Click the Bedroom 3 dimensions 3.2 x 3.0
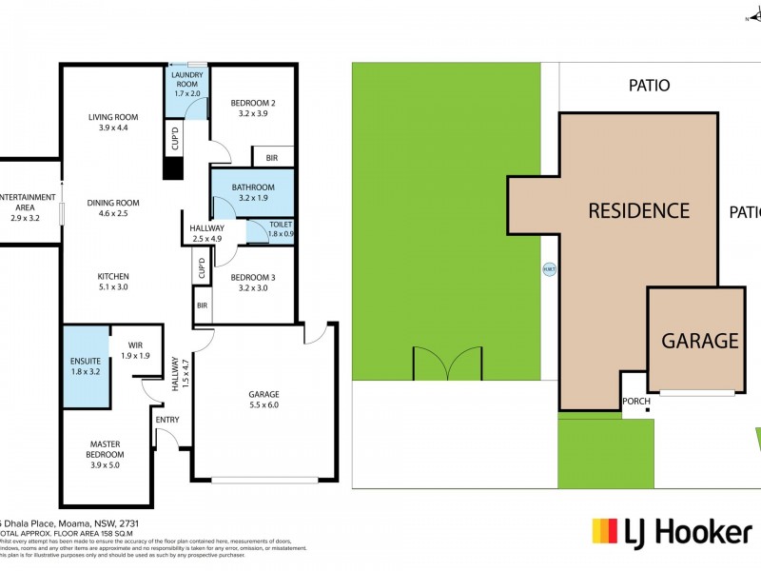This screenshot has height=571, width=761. [253, 288]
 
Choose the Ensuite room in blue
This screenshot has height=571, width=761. [86, 366]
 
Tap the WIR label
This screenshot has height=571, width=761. [134, 345]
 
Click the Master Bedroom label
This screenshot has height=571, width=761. [104, 449]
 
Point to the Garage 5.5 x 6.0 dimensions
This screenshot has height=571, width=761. [264, 405]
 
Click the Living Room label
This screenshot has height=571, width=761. [113, 117]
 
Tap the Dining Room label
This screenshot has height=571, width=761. [113, 202]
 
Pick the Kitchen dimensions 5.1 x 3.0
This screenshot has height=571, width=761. [113, 286]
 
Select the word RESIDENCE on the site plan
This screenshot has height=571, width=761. [637, 210]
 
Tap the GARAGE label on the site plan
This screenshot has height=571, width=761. [700, 340]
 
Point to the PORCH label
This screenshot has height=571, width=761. [636, 401]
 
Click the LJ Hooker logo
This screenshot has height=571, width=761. [671, 531]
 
